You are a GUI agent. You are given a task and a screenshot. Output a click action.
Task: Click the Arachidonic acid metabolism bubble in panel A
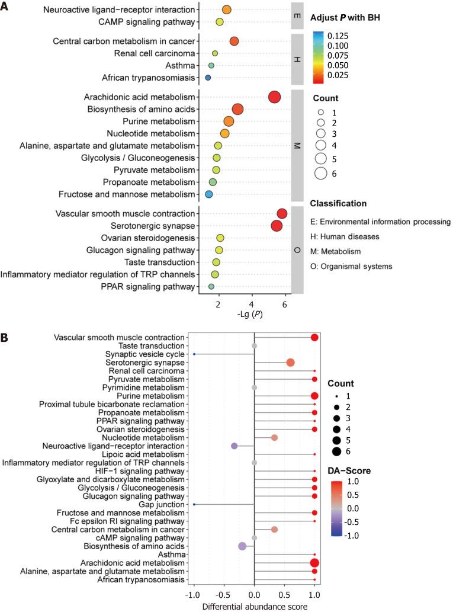[274, 97]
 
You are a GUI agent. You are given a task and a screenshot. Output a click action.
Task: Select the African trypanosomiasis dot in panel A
[208, 78]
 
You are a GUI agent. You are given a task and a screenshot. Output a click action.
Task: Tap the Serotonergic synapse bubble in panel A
[277, 226]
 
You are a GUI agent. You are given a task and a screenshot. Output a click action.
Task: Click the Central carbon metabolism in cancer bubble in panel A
[234, 41]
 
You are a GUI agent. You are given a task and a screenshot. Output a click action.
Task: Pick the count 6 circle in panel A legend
[321, 174]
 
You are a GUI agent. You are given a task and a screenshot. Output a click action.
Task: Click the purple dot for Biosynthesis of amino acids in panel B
[242, 546]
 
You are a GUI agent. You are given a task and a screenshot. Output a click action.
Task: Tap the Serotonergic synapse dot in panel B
[290, 362]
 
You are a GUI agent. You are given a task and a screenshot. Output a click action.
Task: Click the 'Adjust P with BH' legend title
[345, 17]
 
